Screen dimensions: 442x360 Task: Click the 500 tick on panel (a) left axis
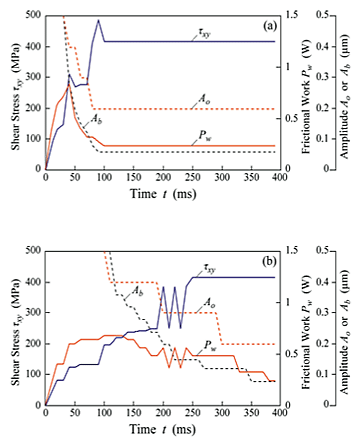(x=33, y=16)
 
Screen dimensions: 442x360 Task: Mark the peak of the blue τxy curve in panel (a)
(x=98, y=21)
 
